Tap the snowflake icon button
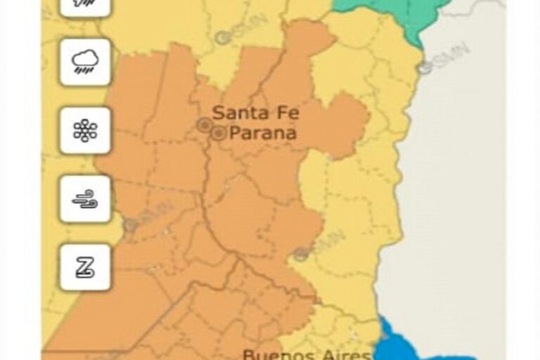tap(85, 131)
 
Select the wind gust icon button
tap(85, 199)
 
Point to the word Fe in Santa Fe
tap(282, 112)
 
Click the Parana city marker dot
tap(219, 132)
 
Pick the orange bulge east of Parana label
tap(345, 123)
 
